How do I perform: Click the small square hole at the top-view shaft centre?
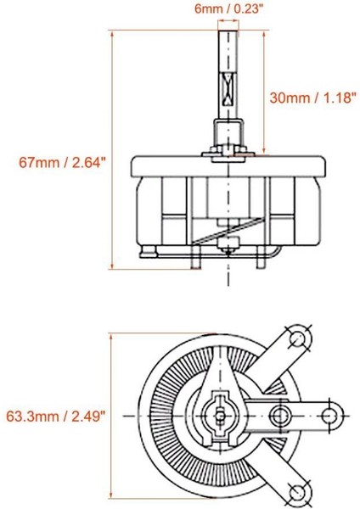(221, 415)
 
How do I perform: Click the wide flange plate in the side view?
(228, 164)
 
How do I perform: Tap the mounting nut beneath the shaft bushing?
(228, 154)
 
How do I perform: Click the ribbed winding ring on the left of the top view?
(157, 415)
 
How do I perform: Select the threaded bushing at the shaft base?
(228, 133)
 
